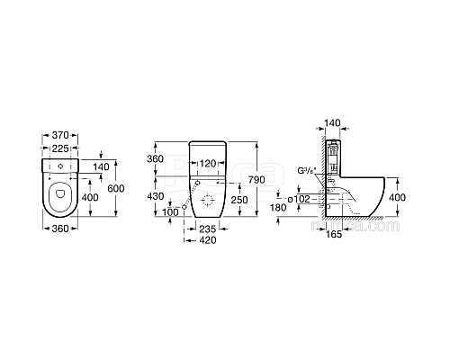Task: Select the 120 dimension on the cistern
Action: pyautogui.click(x=208, y=166)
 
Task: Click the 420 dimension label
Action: pyautogui.click(x=208, y=241)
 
